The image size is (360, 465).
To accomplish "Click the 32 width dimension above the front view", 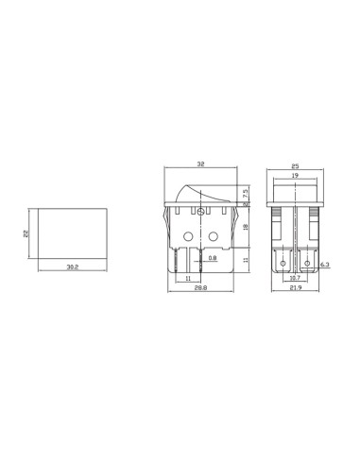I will click(199, 163).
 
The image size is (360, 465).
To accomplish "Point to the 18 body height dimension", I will click(246, 228).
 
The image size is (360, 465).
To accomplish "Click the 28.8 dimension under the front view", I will click(200, 289).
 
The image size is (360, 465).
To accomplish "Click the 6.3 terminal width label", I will click(323, 267).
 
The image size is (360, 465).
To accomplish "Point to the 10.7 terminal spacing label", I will click(294, 279).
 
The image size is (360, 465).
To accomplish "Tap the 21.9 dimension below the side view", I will click(296, 289).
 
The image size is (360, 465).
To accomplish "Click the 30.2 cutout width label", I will click(72, 268).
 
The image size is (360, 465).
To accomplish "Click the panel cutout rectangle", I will click(73, 232).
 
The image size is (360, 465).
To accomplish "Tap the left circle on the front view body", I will click(187, 236).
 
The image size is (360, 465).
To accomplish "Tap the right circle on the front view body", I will click(213, 236).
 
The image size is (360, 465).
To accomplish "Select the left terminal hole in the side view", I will click(283, 260).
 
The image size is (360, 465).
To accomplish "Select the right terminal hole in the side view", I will click(308, 260).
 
